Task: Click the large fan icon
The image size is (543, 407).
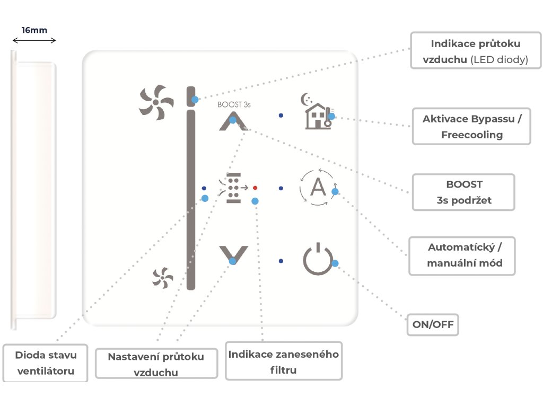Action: [x=156, y=102]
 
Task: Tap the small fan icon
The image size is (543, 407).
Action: [x=163, y=278]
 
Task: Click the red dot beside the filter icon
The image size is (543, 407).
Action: [x=255, y=188]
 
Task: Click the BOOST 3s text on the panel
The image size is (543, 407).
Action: [x=234, y=105]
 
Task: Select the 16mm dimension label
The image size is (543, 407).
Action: [x=34, y=30]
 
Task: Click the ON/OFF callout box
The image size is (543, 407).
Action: [x=432, y=325]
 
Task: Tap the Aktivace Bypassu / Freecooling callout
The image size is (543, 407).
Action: [x=471, y=126]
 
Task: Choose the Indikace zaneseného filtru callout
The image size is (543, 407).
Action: [x=283, y=361]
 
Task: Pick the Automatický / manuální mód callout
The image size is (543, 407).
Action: [x=462, y=255]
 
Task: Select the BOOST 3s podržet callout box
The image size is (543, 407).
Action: [x=464, y=192]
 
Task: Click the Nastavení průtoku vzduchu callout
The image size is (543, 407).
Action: [x=156, y=364]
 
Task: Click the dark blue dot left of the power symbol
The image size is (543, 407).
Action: [x=281, y=261]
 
